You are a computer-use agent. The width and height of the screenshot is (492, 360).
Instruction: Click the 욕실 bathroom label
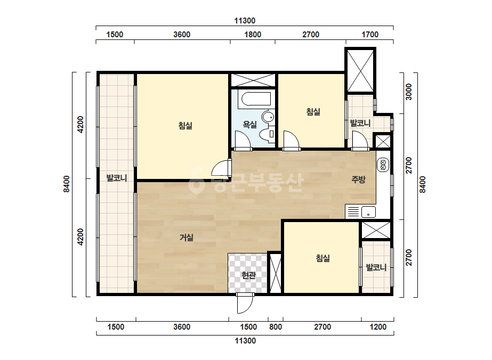[x=250, y=125]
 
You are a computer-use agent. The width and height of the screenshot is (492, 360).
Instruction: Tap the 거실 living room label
[x=187, y=238]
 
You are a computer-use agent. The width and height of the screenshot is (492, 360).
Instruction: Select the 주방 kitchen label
[x=358, y=179]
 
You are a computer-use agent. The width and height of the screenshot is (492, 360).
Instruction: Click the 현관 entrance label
[x=248, y=275]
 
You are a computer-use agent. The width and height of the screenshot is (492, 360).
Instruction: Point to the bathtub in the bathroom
[x=254, y=100]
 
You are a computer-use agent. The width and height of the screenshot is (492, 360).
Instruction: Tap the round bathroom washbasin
[x=268, y=117]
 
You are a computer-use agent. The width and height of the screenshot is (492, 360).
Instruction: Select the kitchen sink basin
[x=368, y=212]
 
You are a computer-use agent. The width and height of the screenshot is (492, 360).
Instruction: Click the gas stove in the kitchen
[x=383, y=165]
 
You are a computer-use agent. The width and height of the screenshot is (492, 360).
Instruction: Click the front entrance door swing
[x=245, y=304]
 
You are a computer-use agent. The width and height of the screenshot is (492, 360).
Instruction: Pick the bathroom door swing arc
[x=243, y=140]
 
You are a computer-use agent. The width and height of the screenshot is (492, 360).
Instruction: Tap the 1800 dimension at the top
[x=253, y=35]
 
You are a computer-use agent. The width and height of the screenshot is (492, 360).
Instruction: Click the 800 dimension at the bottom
[x=276, y=327]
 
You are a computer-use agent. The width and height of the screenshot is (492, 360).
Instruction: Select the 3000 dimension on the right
[x=408, y=92]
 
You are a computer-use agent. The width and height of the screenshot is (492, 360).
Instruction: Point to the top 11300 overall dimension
[x=245, y=21]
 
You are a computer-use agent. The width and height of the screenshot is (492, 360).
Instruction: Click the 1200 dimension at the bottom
[x=378, y=327]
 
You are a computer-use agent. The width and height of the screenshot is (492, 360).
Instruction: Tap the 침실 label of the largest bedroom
[x=185, y=126]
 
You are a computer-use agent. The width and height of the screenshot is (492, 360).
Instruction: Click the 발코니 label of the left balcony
[x=117, y=178]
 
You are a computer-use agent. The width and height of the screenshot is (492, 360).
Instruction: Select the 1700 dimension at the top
[x=370, y=35]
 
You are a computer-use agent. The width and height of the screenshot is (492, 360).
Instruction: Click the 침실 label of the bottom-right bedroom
[x=323, y=258]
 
